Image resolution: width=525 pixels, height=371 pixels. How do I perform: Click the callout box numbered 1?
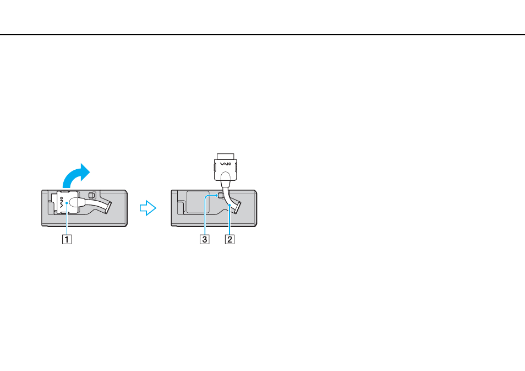tap(67, 239)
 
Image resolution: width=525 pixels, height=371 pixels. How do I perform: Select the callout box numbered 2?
tap(229, 239)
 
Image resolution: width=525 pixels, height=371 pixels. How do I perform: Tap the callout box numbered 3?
tap(205, 239)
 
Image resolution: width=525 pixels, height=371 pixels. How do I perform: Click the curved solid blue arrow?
tap(76, 176)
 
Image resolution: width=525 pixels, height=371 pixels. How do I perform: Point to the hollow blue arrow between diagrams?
tap(148, 208)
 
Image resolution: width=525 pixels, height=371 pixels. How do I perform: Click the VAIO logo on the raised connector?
tap(225, 164)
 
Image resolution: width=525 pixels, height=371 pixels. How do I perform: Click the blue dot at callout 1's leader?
tap(67, 203)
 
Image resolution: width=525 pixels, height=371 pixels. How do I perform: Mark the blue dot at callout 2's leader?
tap(229, 205)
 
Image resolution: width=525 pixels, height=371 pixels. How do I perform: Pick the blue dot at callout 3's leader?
tap(216, 195)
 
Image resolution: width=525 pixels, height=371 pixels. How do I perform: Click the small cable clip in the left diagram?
tap(92, 195)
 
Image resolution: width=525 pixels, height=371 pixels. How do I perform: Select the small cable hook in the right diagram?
tap(220, 195)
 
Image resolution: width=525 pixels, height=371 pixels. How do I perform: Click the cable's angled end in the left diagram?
tap(108, 208)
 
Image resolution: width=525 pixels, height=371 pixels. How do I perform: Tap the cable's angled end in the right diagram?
tap(237, 208)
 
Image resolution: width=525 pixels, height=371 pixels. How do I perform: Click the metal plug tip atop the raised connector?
tap(225, 157)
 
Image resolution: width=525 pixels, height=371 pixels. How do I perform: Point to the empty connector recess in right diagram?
tap(198, 202)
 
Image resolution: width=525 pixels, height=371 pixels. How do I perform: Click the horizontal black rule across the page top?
tap(262, 35)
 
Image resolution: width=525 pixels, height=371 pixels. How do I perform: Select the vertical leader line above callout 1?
tap(67, 219)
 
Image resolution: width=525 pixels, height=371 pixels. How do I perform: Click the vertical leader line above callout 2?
tap(229, 220)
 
